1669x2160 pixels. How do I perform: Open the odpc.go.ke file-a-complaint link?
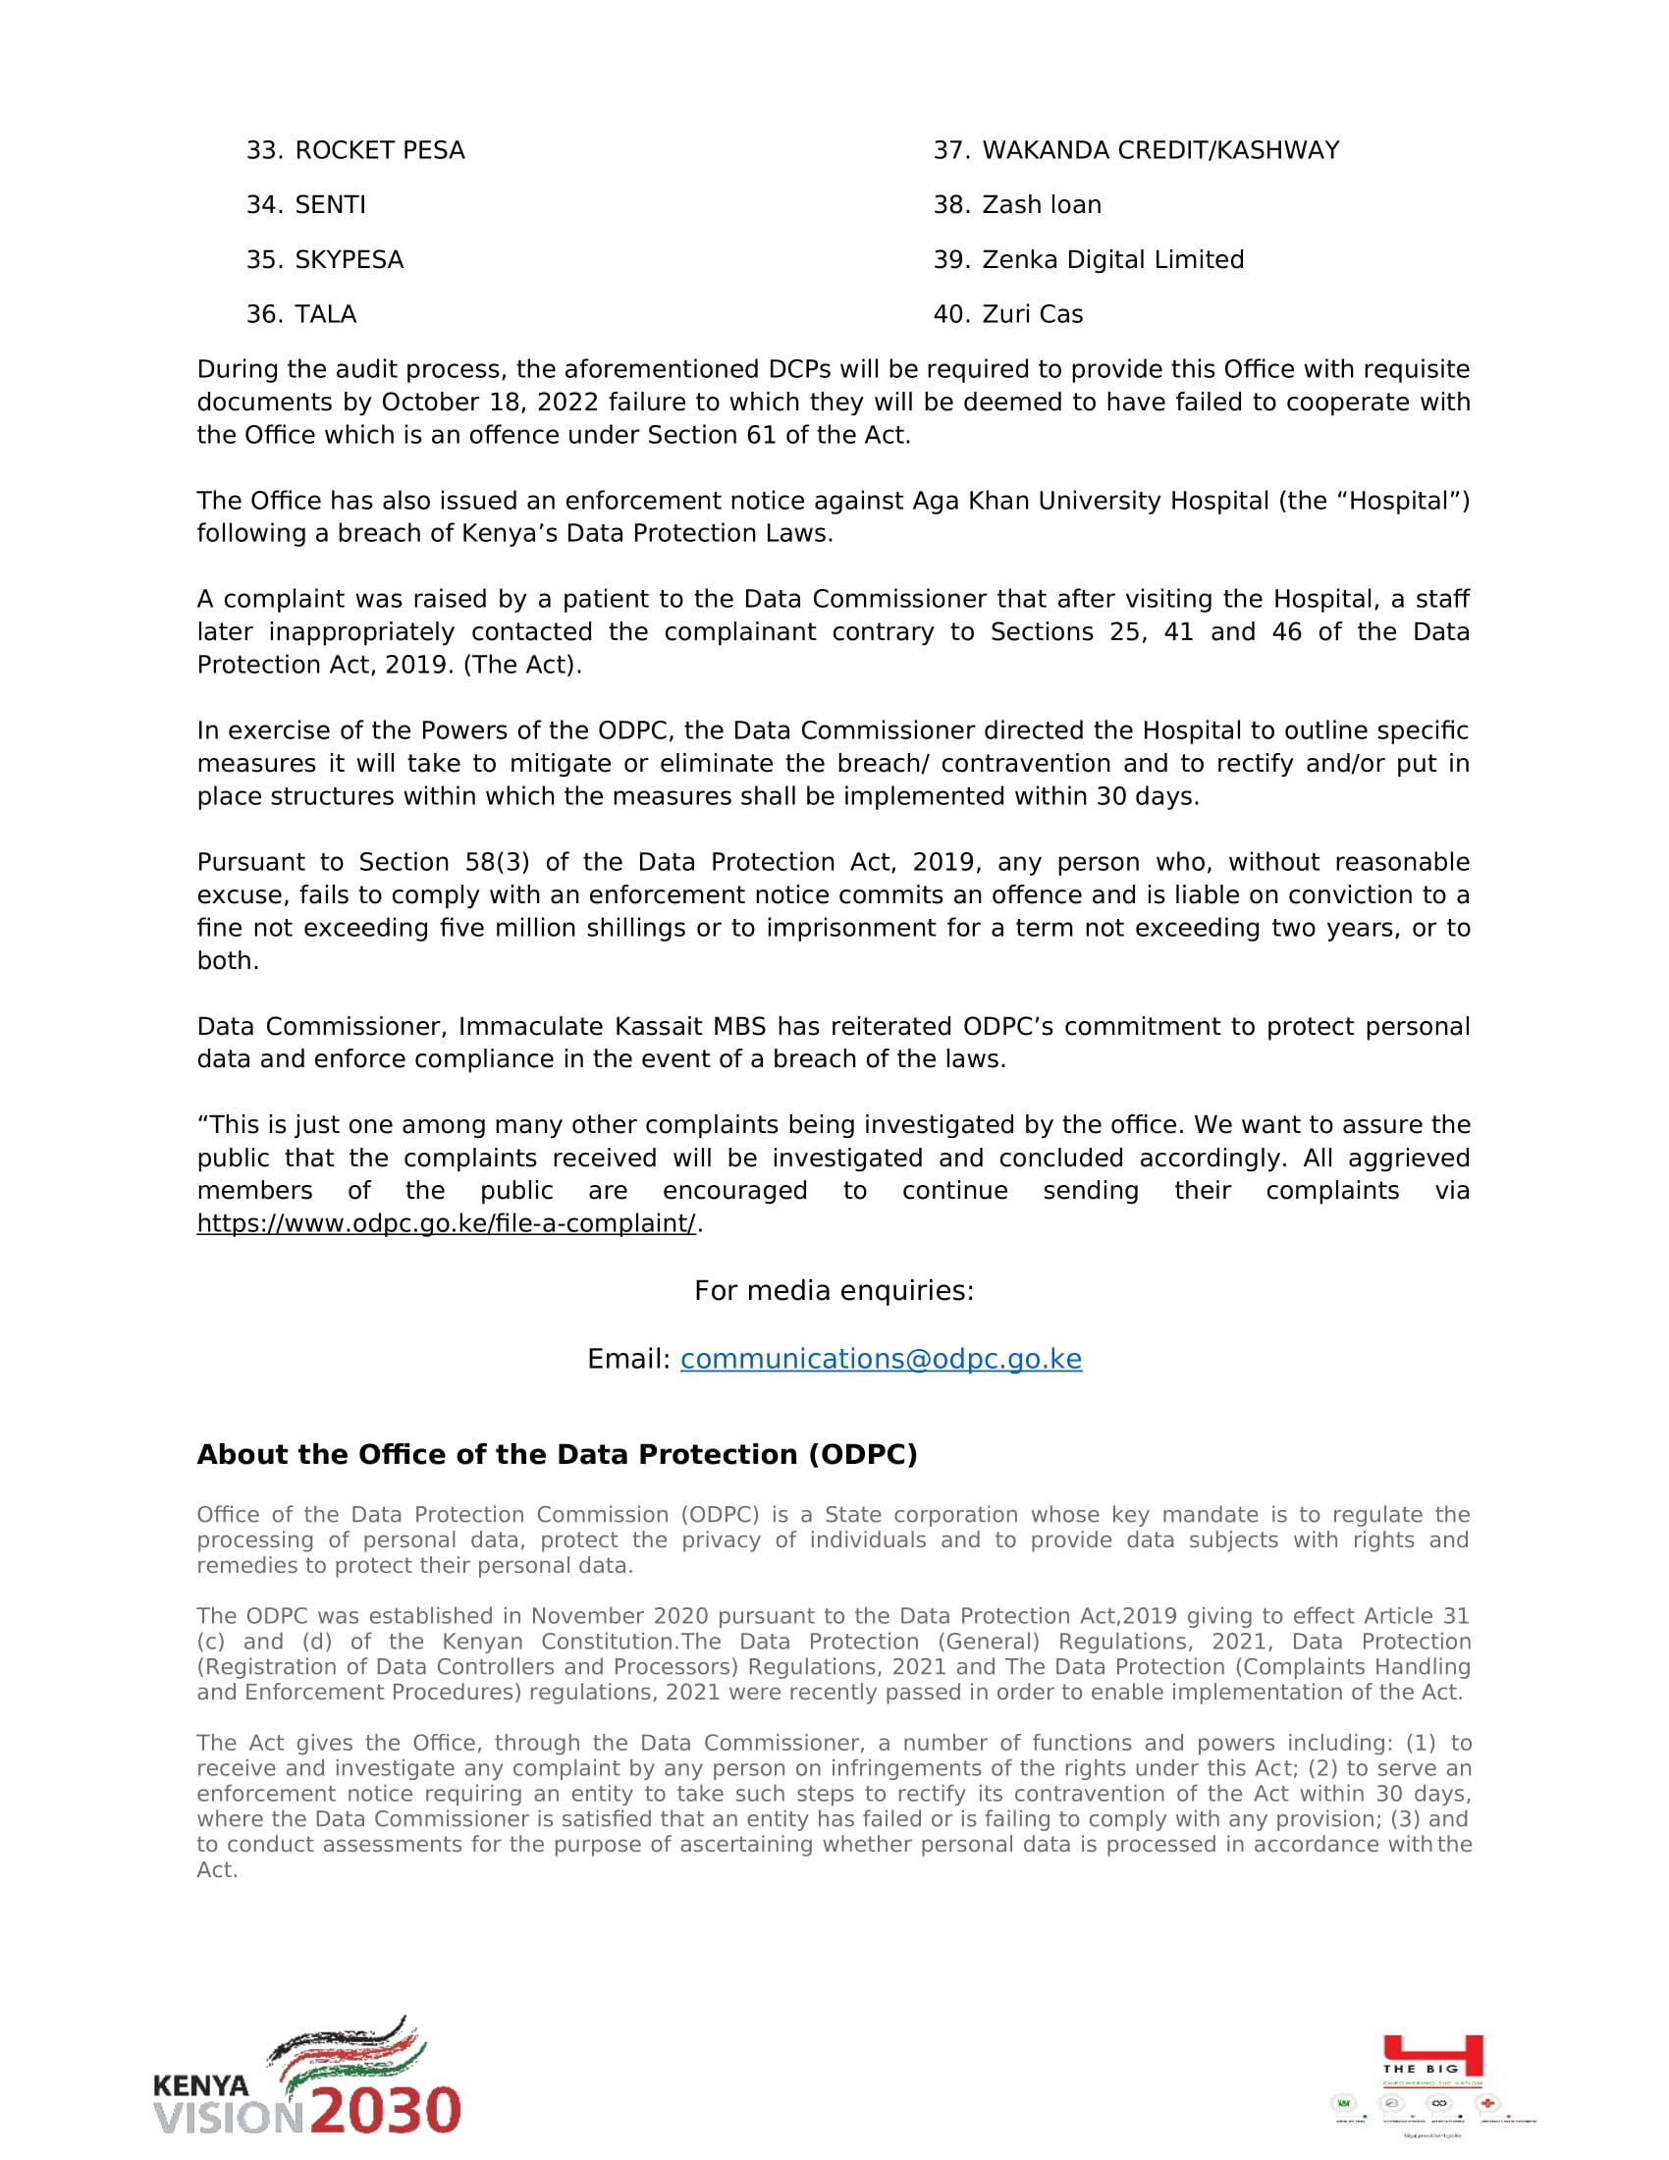[x=446, y=1223]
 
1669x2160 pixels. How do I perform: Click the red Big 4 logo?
[x=1432, y=2057]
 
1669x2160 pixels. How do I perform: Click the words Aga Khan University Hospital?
[x=1091, y=502]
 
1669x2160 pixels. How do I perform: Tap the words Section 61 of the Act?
[x=779, y=435]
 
